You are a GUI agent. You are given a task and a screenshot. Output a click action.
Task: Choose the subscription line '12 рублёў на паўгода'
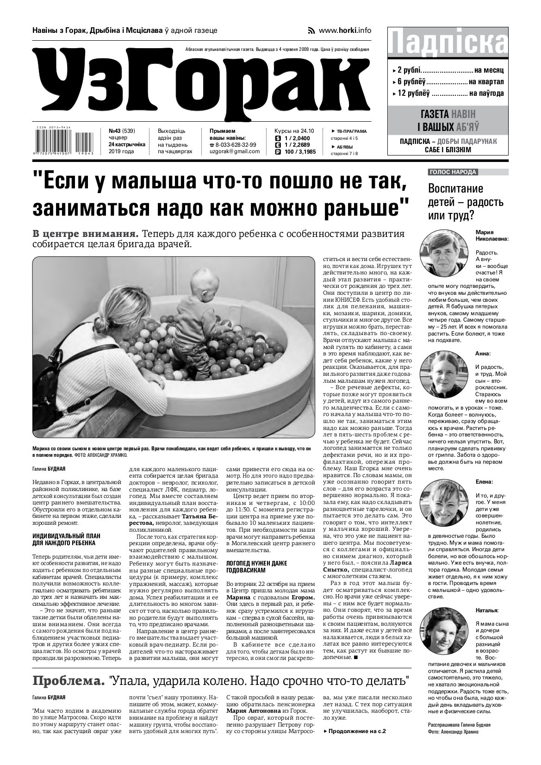448,93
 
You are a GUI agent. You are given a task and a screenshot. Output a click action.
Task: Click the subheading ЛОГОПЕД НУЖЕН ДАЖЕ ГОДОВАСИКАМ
250,566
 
